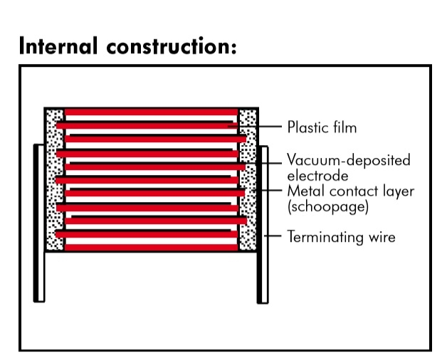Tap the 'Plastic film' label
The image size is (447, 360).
click(322, 127)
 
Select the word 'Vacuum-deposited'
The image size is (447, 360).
click(349, 160)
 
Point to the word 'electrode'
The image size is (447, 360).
click(317, 175)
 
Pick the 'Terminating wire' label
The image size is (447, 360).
click(340, 236)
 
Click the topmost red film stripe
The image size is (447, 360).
click(150, 112)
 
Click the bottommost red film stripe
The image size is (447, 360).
click(150, 245)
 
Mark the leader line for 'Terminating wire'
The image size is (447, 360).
click(274, 235)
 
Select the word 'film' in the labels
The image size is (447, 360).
click(343, 127)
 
